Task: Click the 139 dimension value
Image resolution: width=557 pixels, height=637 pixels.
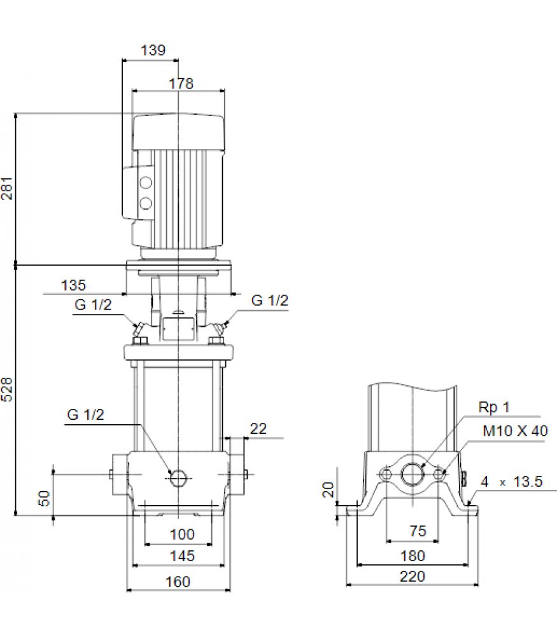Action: tap(153, 50)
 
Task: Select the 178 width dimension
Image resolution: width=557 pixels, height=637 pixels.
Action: tap(181, 83)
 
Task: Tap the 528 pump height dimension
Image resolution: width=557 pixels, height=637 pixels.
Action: tap(7, 389)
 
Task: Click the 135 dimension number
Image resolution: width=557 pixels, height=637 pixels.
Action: tap(73, 285)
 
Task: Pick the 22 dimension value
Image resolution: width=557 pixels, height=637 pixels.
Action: tap(258, 429)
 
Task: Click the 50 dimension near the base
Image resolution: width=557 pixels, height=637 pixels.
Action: tap(44, 498)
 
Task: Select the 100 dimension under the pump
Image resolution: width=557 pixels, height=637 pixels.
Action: tap(182, 534)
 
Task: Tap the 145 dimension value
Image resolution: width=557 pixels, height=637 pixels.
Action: tap(182, 555)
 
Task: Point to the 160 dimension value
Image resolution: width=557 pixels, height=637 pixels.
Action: tap(178, 582)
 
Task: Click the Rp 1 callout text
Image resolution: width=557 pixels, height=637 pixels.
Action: tap(494, 407)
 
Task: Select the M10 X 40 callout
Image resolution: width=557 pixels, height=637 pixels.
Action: tap(515, 431)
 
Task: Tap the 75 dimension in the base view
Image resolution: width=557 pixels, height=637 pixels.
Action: tap(418, 531)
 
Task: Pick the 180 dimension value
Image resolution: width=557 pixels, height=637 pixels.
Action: tap(412, 555)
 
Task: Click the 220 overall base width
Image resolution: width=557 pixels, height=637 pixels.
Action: tap(412, 576)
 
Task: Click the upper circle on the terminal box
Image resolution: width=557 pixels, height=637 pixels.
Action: tap(146, 183)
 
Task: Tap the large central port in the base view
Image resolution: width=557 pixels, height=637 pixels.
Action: tap(412, 474)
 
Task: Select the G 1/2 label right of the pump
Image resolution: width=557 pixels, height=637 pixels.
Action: tap(270, 300)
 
